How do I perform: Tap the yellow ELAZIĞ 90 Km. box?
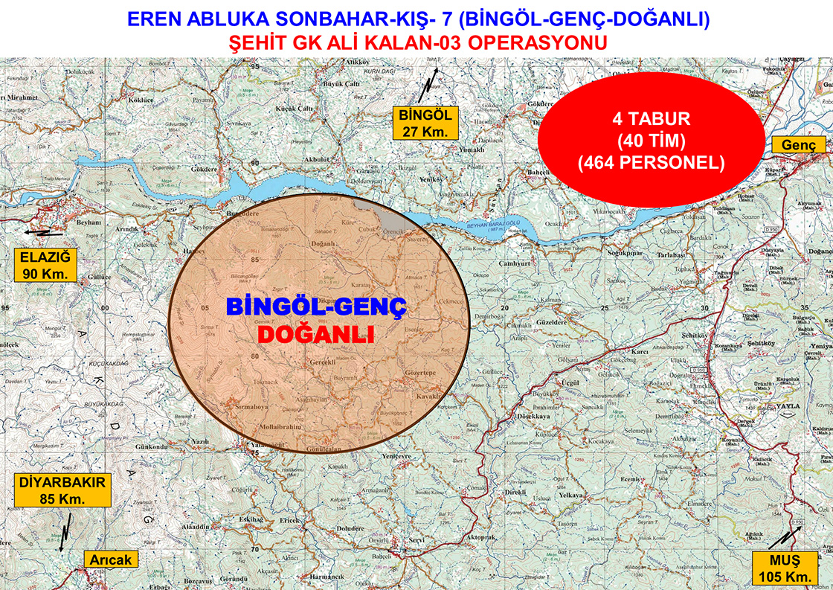[45, 266]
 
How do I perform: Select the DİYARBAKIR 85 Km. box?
[62, 491]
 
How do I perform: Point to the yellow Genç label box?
[798, 146]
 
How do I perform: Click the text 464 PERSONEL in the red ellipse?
[651, 161]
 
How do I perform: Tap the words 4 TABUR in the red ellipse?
[651, 118]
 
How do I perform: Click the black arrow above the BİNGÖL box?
[427, 87]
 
